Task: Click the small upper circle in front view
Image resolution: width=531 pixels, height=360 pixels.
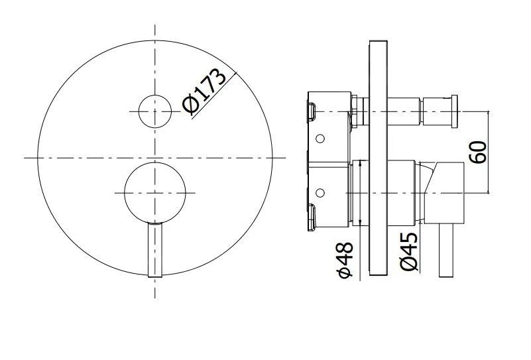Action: coord(155,110)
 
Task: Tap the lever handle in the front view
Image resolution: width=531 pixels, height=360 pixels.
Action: coord(155,251)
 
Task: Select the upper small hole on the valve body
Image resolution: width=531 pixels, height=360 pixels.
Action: coord(321,139)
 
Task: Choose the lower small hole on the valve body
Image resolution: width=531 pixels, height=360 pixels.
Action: coord(321,193)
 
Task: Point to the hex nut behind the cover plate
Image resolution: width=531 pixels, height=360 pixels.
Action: coord(357,110)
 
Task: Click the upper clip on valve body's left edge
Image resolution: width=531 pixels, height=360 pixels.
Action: coord(310,110)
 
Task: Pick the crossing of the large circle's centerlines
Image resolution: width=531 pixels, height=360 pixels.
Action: coord(155,158)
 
